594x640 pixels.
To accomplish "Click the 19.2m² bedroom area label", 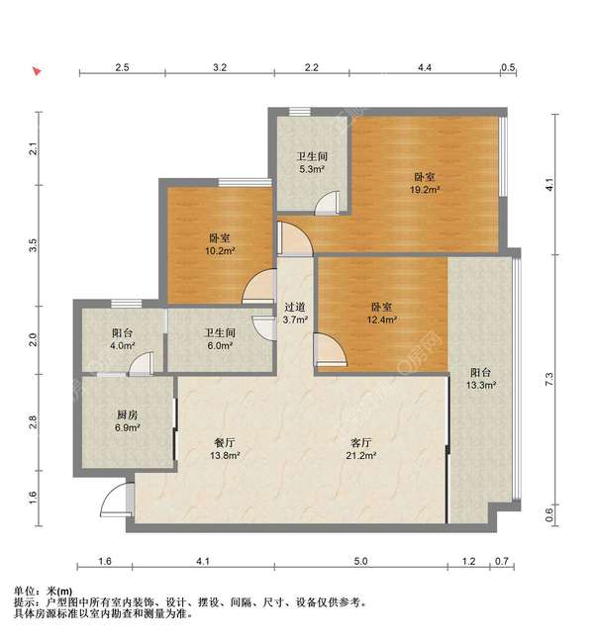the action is (x=425, y=190).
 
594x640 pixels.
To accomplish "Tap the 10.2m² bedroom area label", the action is (x=220, y=251).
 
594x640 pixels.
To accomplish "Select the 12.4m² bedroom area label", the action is (x=381, y=320).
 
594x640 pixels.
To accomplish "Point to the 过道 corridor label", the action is (x=295, y=307).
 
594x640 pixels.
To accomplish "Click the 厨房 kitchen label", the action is (x=127, y=415).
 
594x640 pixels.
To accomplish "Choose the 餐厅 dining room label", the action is (x=225, y=443).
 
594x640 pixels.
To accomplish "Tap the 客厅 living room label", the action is (x=361, y=443).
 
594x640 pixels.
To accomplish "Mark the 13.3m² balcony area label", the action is (x=481, y=385).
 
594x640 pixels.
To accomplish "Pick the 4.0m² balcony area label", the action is (x=123, y=345).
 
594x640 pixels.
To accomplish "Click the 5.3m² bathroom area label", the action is (x=312, y=169).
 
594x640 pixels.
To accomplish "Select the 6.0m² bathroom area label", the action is (x=220, y=345).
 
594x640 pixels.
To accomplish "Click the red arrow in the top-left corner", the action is (x=37, y=71).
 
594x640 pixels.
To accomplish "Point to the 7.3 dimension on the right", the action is (x=548, y=380).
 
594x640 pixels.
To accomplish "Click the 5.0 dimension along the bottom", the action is (x=360, y=561).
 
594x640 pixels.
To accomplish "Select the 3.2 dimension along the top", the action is (x=220, y=67).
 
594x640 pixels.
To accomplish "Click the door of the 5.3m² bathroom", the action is (x=327, y=203).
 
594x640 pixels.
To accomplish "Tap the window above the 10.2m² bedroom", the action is (x=245, y=182).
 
